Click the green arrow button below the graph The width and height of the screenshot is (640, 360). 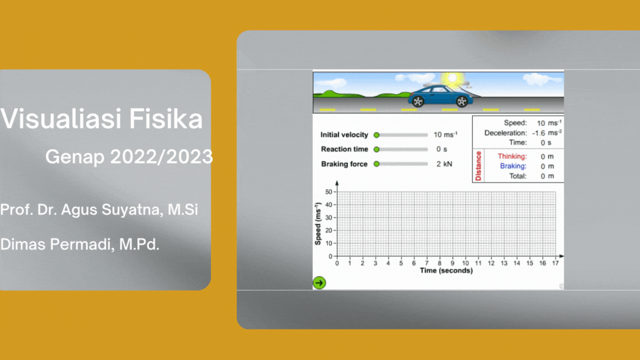pyautogui.click(x=319, y=283)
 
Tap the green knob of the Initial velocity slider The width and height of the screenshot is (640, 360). pyautogui.click(x=376, y=135)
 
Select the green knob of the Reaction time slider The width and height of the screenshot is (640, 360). pyautogui.click(x=376, y=149)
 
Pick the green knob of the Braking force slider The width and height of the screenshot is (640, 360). pyautogui.click(x=376, y=164)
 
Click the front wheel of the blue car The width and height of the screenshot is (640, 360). pyautogui.click(x=461, y=101)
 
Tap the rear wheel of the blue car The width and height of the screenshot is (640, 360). pyautogui.click(x=418, y=101)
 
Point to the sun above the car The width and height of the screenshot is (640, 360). pyautogui.click(x=449, y=80)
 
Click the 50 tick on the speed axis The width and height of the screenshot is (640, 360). pyautogui.click(x=329, y=192)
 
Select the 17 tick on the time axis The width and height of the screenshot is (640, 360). pyautogui.click(x=556, y=263)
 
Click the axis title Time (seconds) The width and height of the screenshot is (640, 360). pyautogui.click(x=446, y=271)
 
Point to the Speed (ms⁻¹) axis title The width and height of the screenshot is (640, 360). pyautogui.click(x=318, y=224)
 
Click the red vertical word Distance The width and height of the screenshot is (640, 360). pyautogui.click(x=478, y=166)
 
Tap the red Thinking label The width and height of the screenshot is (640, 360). pyautogui.click(x=512, y=157)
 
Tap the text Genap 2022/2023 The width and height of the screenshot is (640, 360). pyautogui.click(x=129, y=157)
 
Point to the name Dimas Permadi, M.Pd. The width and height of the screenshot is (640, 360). pyautogui.click(x=79, y=244)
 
